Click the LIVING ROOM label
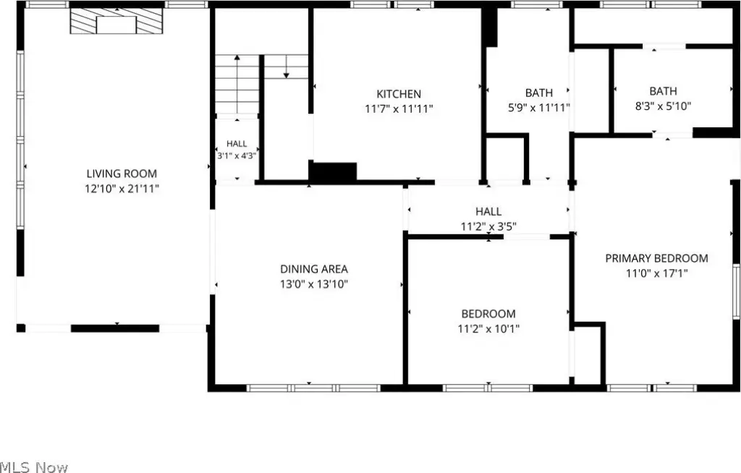[x=122, y=174]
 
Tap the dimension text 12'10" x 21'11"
[x=122, y=189]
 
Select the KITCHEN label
[x=399, y=93]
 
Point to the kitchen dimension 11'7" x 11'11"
[x=399, y=108]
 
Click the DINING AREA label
[x=314, y=269]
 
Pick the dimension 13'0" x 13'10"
[x=314, y=284]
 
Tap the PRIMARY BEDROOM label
[x=656, y=258]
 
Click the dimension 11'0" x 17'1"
[x=656, y=273]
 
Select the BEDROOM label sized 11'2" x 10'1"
[x=488, y=314]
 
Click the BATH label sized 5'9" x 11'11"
[x=538, y=93]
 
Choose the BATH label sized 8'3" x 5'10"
[x=663, y=90]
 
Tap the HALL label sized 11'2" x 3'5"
[x=488, y=211]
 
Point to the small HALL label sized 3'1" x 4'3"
[x=237, y=144]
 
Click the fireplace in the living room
[x=117, y=21]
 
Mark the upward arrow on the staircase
[x=237, y=84]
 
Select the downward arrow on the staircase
[x=286, y=67]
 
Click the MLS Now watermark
[x=34, y=467]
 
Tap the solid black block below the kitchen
[x=333, y=172]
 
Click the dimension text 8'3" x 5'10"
[x=663, y=106]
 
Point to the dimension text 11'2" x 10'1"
[x=488, y=329]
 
